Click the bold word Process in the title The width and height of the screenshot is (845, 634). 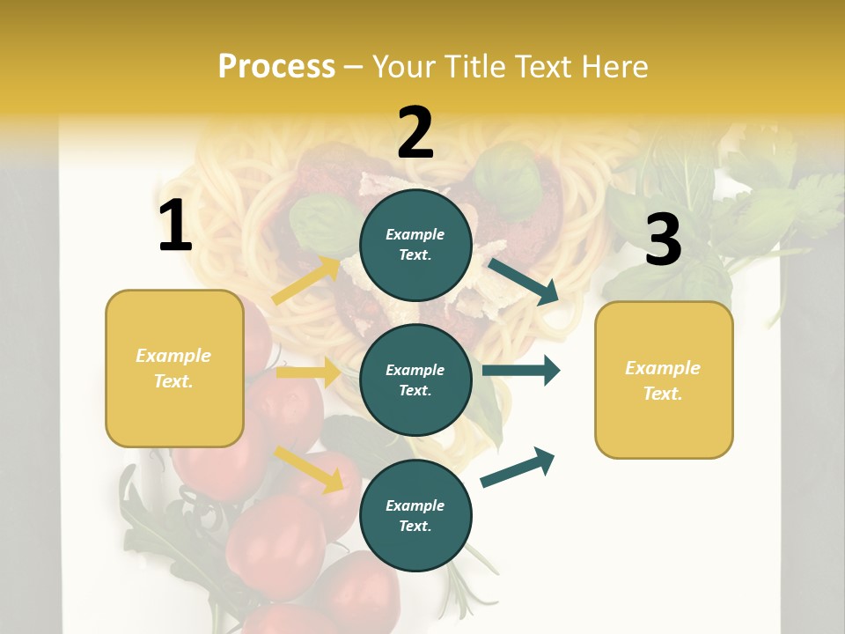276,67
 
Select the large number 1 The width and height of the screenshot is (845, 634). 175,226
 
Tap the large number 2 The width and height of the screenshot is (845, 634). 415,133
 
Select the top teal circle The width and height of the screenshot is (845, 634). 415,245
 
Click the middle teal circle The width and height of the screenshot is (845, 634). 415,380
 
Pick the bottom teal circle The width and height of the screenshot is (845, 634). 415,515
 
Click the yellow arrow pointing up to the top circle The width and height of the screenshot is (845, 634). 306,281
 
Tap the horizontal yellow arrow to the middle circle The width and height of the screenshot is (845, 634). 308,373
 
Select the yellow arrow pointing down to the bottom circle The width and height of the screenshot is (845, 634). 308,468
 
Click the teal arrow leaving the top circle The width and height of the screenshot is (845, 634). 523,281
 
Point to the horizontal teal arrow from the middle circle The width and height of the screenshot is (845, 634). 521,370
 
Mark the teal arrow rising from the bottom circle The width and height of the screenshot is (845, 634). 518,467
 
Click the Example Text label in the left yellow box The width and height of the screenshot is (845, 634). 173,368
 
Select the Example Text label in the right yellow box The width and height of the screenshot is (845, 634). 663,380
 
